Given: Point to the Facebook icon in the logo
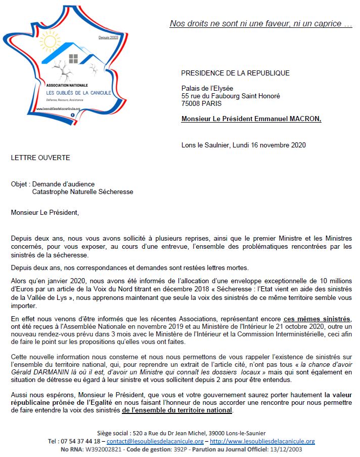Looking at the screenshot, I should pos(73,115).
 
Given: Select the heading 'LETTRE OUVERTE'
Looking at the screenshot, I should pos(40,158).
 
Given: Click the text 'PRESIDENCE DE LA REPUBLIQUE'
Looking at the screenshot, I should pos(235,73).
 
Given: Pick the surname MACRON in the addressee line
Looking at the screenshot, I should pos(303,119).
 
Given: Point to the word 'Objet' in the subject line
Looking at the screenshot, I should pos(19,184).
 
